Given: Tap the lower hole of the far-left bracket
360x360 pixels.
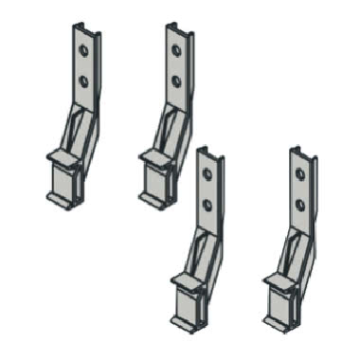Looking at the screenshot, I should pyautogui.click(x=83, y=81).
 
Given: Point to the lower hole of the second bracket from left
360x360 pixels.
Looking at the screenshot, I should pyautogui.click(x=175, y=81).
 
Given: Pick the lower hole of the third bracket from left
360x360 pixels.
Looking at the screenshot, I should pyautogui.click(x=207, y=204).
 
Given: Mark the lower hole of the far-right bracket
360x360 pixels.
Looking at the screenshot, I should pyautogui.click(x=300, y=204).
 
